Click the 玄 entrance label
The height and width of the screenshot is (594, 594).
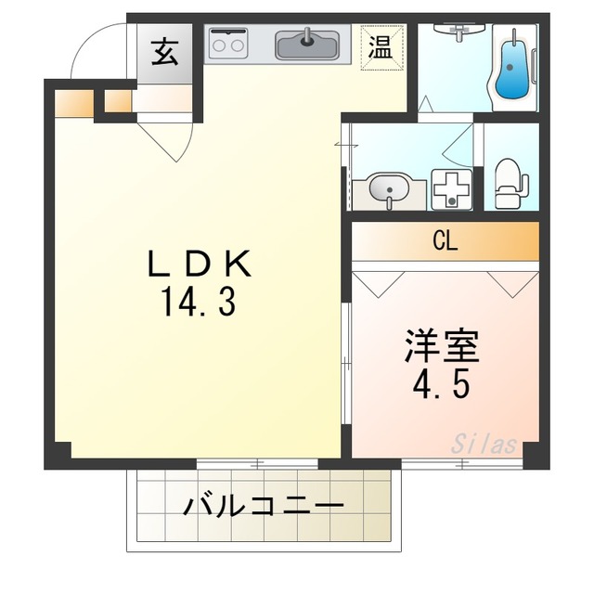[x=166, y=52]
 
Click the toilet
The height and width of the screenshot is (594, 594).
[x=507, y=180]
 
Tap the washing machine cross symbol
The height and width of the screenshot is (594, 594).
[x=453, y=189]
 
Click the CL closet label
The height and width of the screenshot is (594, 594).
[x=445, y=242]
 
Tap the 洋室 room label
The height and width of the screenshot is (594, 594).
[x=441, y=347]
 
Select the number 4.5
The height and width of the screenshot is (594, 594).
[x=441, y=382]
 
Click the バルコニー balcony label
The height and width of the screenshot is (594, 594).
[x=264, y=507]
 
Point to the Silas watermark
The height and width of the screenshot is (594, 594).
[x=484, y=444]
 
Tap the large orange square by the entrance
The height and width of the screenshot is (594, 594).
[x=72, y=101]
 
